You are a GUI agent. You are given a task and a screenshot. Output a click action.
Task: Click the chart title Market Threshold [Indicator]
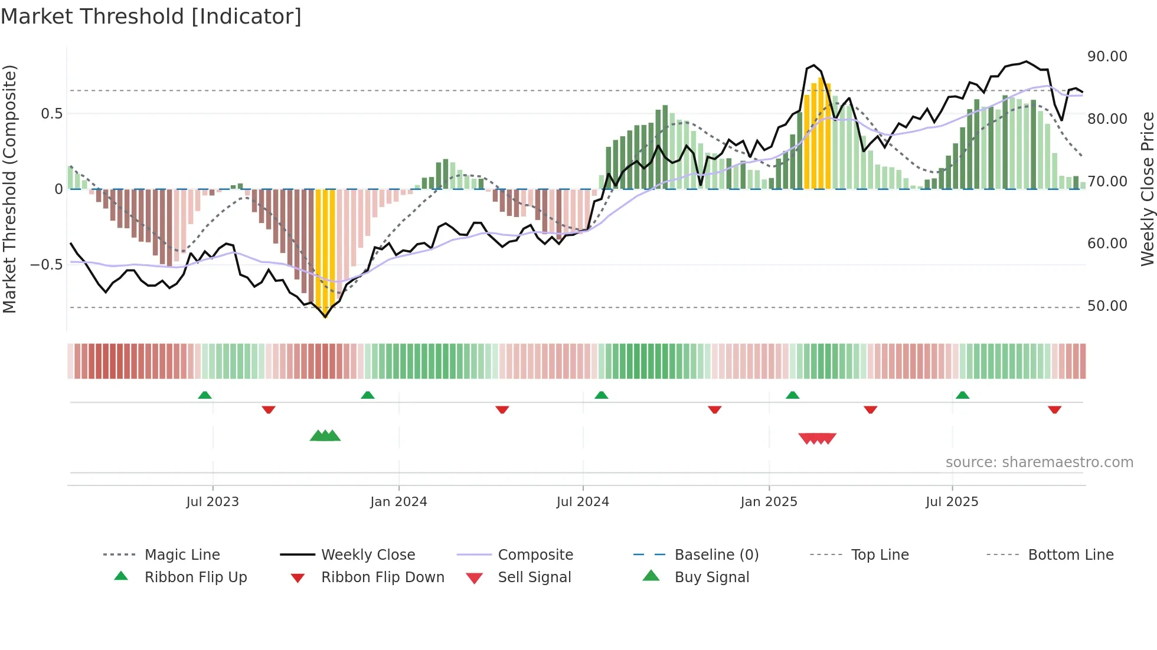click(x=151, y=17)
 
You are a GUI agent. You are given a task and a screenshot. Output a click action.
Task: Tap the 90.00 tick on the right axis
click(x=1107, y=57)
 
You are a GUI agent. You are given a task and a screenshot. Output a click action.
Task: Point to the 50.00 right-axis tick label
click(x=1107, y=306)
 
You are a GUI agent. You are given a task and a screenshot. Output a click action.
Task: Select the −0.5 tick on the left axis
click(x=46, y=265)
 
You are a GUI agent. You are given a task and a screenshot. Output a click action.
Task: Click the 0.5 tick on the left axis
click(x=51, y=114)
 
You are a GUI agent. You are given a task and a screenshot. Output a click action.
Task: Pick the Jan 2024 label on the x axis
click(x=398, y=502)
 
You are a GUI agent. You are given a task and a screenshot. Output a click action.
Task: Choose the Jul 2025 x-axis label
click(x=952, y=502)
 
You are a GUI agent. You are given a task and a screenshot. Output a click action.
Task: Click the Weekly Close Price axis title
click(x=1146, y=189)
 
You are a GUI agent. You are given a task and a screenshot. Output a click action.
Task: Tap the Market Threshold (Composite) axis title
click(x=9, y=189)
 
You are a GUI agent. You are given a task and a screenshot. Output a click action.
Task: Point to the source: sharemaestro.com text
click(x=1039, y=462)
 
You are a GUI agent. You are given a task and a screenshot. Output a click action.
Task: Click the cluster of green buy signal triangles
click(x=325, y=436)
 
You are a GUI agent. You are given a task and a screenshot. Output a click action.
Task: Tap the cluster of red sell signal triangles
click(x=817, y=438)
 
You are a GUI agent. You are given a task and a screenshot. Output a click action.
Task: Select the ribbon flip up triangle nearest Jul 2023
click(x=205, y=395)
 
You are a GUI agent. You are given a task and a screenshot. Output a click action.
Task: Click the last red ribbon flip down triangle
click(x=1054, y=409)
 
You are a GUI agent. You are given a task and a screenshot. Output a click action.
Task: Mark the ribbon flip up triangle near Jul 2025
click(x=962, y=395)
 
